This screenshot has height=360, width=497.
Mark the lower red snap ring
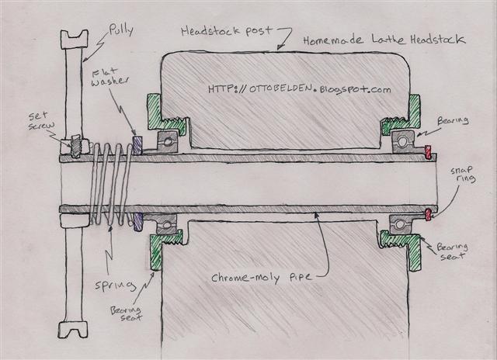[427, 213]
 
